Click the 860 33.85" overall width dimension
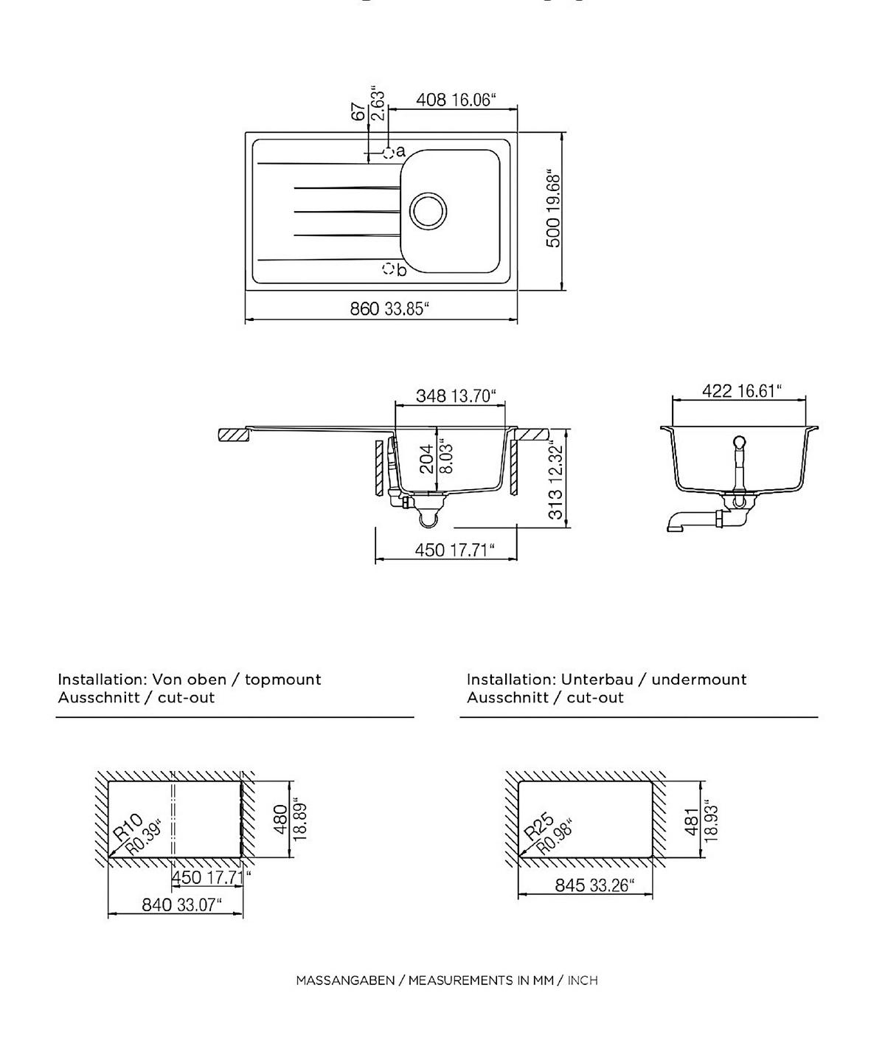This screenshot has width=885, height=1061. pyautogui.click(x=389, y=308)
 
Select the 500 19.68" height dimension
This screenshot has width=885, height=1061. pyautogui.click(x=553, y=210)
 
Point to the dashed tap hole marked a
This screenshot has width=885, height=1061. pyautogui.click(x=388, y=153)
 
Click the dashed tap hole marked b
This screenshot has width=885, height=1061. pyautogui.click(x=388, y=269)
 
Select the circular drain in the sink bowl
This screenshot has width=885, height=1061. pyautogui.click(x=428, y=210)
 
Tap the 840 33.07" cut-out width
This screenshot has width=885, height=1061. pyautogui.click(x=181, y=905)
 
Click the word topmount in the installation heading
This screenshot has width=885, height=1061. pyautogui.click(x=283, y=680)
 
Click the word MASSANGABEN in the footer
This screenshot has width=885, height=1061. pyautogui.click(x=345, y=981)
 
